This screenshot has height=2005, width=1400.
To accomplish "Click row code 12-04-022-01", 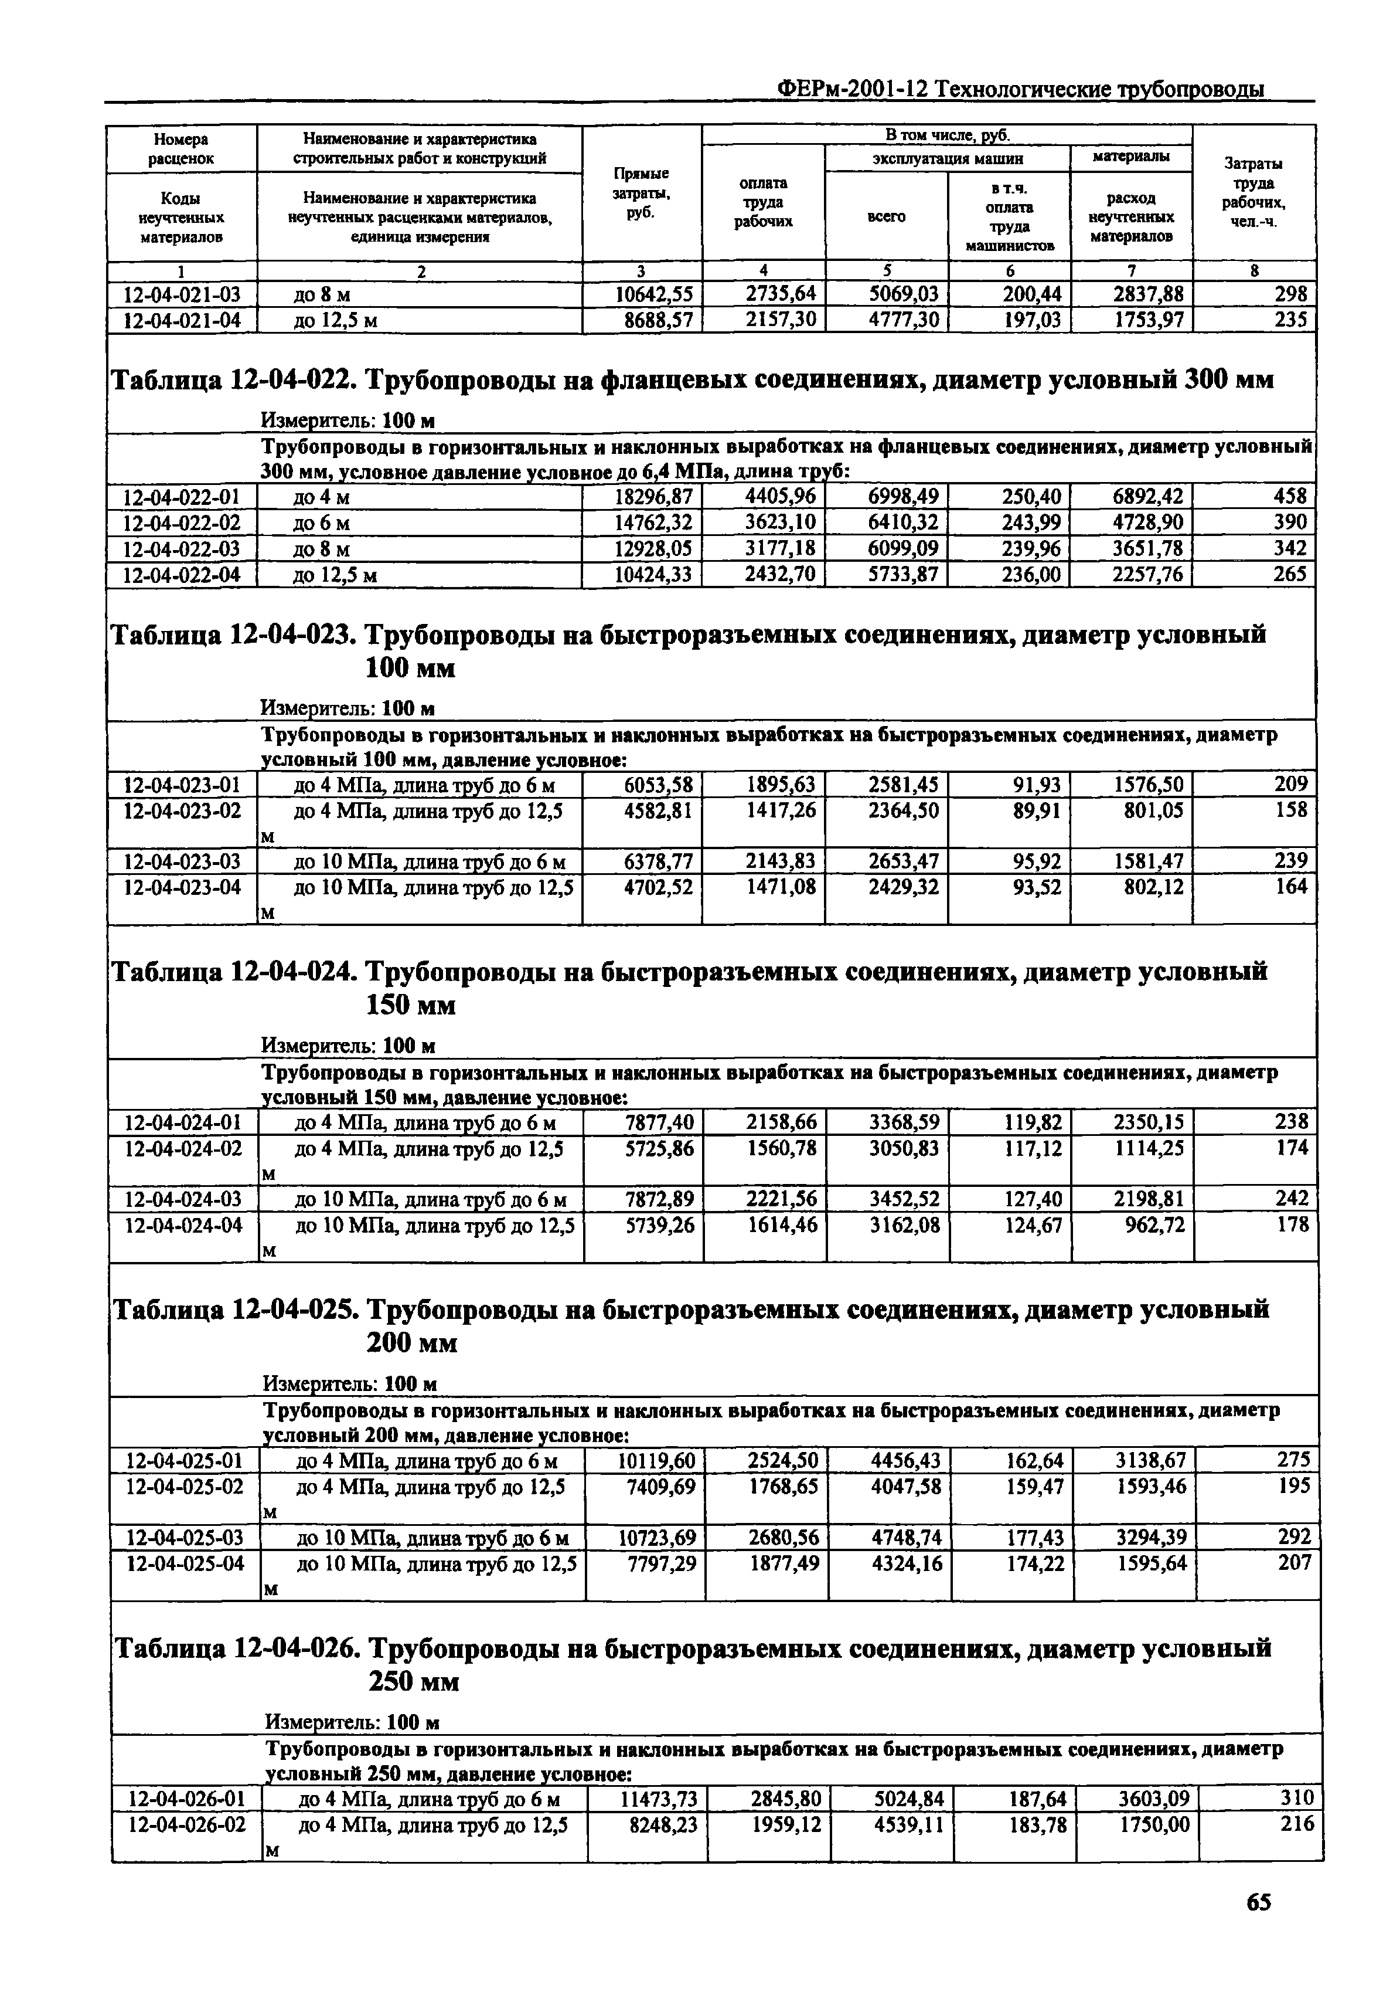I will [182, 497].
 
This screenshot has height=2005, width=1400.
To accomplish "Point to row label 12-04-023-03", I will [182, 862].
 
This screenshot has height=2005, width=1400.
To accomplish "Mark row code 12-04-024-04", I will [183, 1225].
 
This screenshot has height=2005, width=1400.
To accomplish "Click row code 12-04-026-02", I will [186, 1824].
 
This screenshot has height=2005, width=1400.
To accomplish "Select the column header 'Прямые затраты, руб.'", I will [642, 193].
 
